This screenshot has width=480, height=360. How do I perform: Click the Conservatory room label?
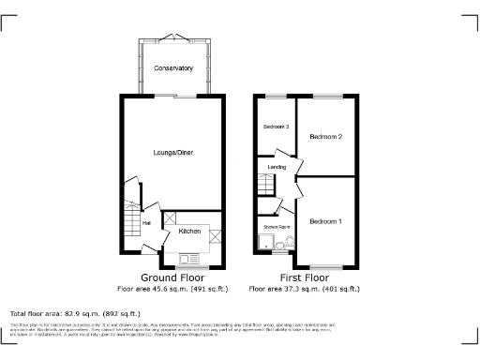click(173, 68)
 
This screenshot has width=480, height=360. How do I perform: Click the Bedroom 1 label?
click(325, 220)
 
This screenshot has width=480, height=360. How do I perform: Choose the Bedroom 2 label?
click(326, 137)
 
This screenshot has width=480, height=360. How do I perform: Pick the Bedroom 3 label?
click(276, 127)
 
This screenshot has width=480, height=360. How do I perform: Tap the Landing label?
click(277, 167)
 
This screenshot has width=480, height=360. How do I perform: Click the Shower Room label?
click(276, 227)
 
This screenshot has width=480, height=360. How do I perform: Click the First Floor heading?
click(304, 278)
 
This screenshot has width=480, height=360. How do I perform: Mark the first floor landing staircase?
click(268, 188)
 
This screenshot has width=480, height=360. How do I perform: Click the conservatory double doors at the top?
click(173, 37)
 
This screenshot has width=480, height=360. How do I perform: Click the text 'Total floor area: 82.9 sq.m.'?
click(75, 313)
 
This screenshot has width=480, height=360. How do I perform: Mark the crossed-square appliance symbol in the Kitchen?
click(215, 235)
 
